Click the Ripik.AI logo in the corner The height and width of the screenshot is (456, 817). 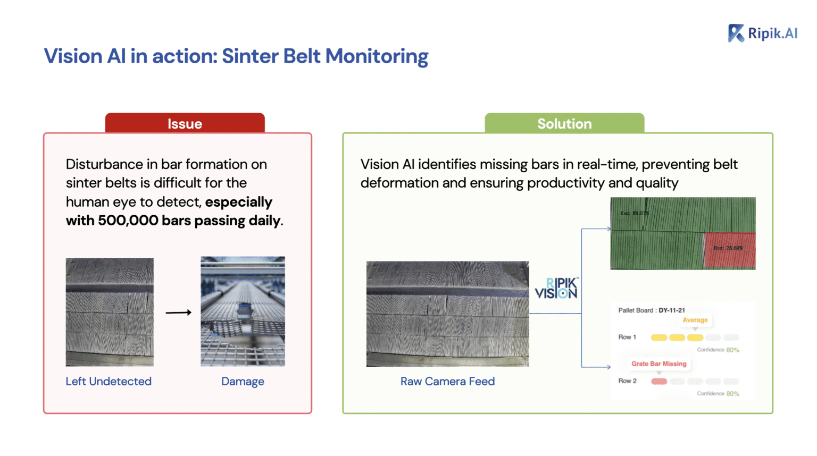click(x=763, y=33)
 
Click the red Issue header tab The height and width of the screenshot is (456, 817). click(x=185, y=123)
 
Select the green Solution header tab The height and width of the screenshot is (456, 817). click(x=564, y=123)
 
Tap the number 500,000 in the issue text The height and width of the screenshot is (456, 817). click(x=128, y=221)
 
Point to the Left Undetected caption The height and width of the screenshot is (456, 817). click(x=109, y=381)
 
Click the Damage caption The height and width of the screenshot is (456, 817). click(x=243, y=381)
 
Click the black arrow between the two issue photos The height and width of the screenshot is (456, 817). click(x=178, y=313)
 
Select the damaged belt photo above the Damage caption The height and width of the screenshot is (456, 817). click(x=243, y=311)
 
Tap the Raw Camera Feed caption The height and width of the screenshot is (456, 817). click(x=447, y=381)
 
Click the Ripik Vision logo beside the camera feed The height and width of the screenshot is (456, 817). click(x=556, y=288)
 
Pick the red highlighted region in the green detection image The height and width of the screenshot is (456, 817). click(x=729, y=249)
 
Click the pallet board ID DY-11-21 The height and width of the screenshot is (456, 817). click(x=672, y=310)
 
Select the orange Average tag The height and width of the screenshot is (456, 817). click(x=695, y=320)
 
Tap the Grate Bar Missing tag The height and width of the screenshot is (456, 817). click(x=658, y=364)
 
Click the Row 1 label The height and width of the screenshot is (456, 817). click(x=627, y=337)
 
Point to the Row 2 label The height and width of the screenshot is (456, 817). click(x=627, y=381)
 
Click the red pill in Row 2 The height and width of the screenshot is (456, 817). click(x=659, y=381)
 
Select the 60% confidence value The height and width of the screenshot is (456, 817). click(x=732, y=350)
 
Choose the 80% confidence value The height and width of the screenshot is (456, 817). click(x=732, y=394)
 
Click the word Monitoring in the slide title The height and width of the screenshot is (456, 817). click(x=377, y=56)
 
